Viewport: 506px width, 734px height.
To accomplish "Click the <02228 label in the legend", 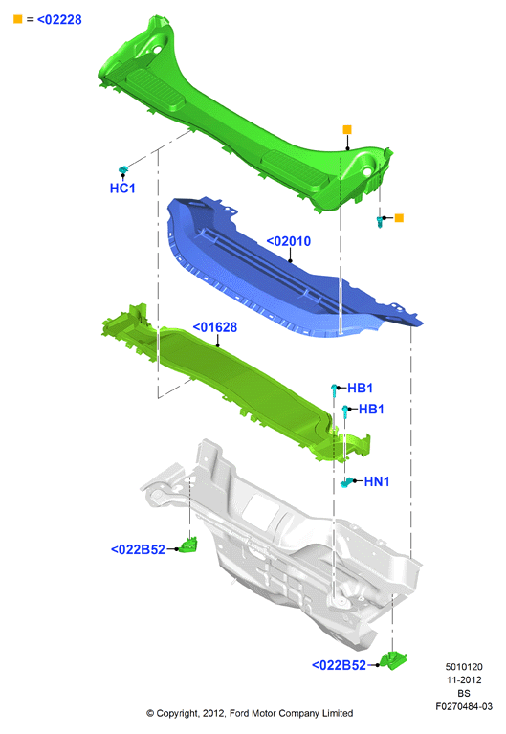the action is [59, 20].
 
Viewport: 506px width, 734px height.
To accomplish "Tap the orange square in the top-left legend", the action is [18, 19].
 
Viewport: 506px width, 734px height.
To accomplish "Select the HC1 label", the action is [122, 189].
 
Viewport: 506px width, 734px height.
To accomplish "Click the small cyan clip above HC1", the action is [123, 169].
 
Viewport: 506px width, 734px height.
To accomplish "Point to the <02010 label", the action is [288, 241].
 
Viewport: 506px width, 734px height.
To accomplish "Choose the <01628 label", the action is [215, 327].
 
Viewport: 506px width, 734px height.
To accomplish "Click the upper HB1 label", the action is [360, 389].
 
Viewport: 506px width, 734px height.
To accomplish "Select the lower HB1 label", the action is [371, 410].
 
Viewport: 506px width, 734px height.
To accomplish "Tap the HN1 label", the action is [376, 481].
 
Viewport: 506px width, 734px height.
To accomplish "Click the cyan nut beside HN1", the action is [346, 482].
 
